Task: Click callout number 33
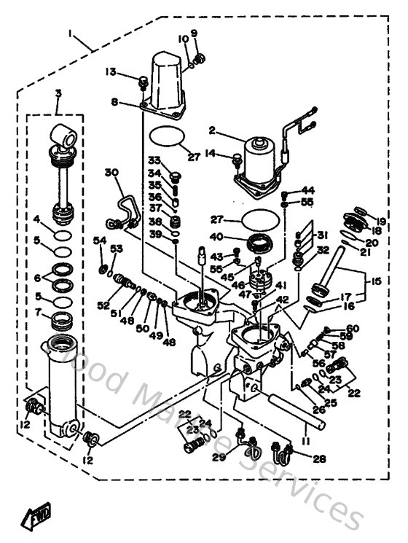click(154, 160)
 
